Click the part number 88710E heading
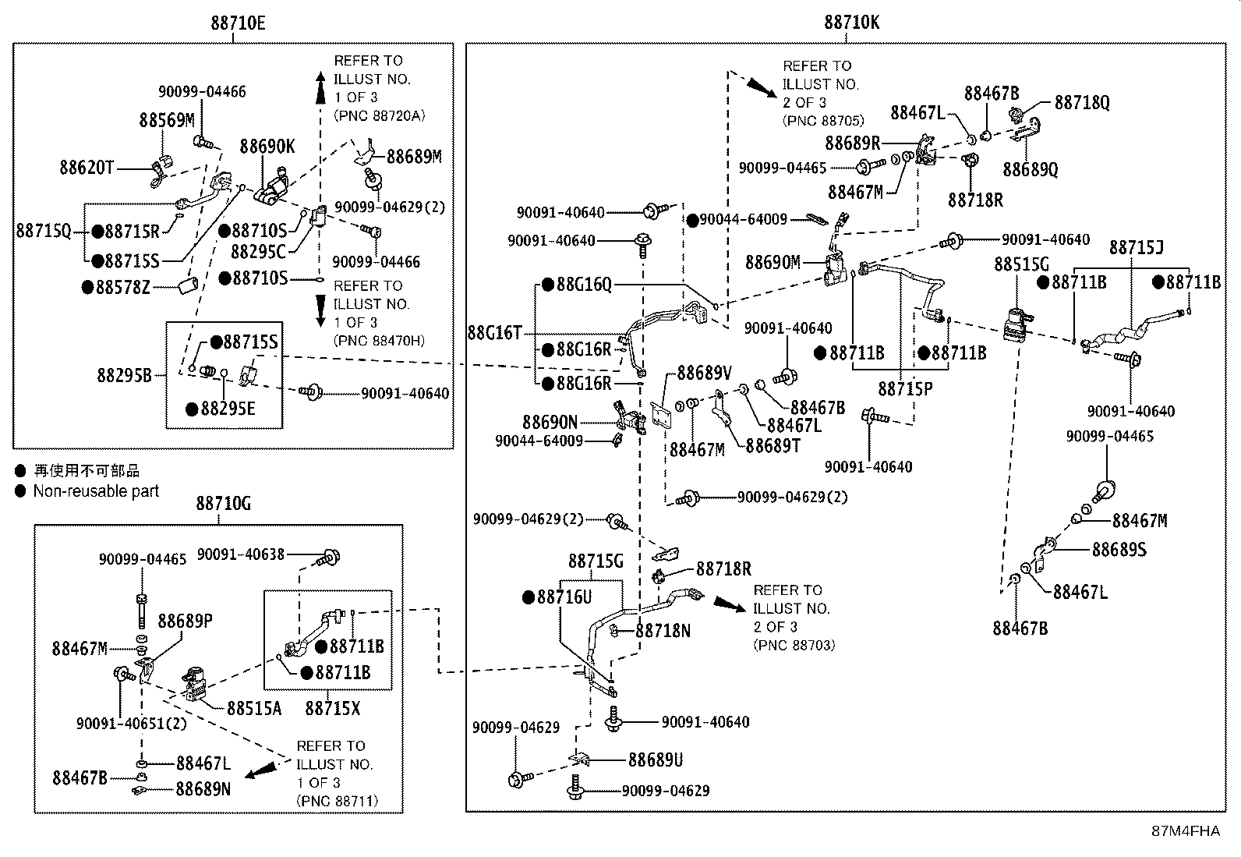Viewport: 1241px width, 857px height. (238, 23)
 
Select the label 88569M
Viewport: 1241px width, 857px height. (167, 120)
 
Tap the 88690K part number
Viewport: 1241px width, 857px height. (267, 147)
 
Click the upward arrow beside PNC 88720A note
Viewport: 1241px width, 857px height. (320, 87)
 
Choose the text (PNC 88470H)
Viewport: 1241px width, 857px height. (379, 340)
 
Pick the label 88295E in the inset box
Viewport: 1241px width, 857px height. (228, 409)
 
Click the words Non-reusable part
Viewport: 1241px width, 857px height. (96, 491)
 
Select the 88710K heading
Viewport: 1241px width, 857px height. (851, 23)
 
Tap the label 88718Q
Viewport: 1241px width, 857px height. (1082, 103)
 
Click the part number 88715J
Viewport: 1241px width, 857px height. (1137, 248)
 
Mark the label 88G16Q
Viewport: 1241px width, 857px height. (584, 285)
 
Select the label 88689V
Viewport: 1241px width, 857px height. (704, 373)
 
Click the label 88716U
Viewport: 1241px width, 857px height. (564, 597)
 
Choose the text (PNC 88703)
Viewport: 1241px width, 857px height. (794, 645)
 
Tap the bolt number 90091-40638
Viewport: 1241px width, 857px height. (240, 554)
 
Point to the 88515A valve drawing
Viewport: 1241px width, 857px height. (195, 685)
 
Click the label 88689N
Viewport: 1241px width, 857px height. (203, 789)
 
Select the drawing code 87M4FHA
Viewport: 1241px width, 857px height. (1186, 831)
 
